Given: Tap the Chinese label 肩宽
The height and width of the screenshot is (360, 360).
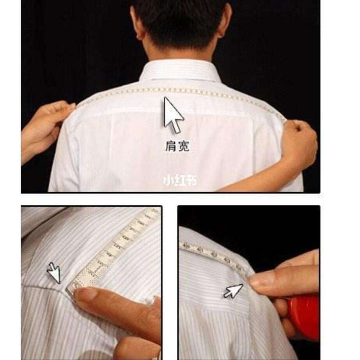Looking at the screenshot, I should pyautogui.click(x=177, y=146).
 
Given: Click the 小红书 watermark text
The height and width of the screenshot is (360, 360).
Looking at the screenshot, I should pyautogui.click(x=180, y=180).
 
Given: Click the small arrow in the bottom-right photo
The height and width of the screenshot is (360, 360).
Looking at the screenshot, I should pyautogui.click(x=233, y=291).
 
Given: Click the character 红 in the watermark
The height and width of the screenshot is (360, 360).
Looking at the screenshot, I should pyautogui.click(x=180, y=180).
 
